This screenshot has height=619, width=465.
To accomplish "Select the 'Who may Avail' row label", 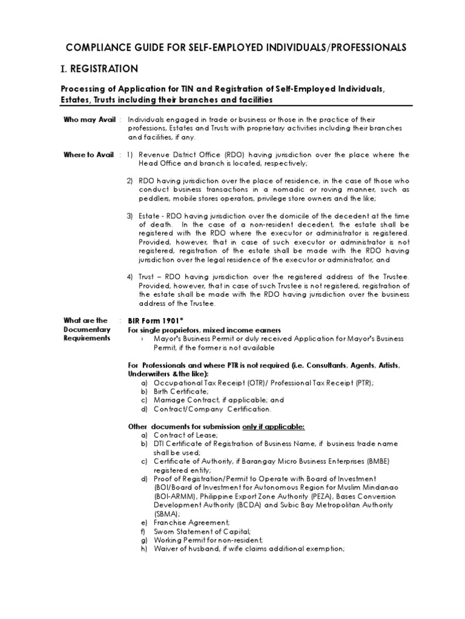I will [x=89, y=120].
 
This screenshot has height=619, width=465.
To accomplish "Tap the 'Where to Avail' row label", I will [x=88, y=155].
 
